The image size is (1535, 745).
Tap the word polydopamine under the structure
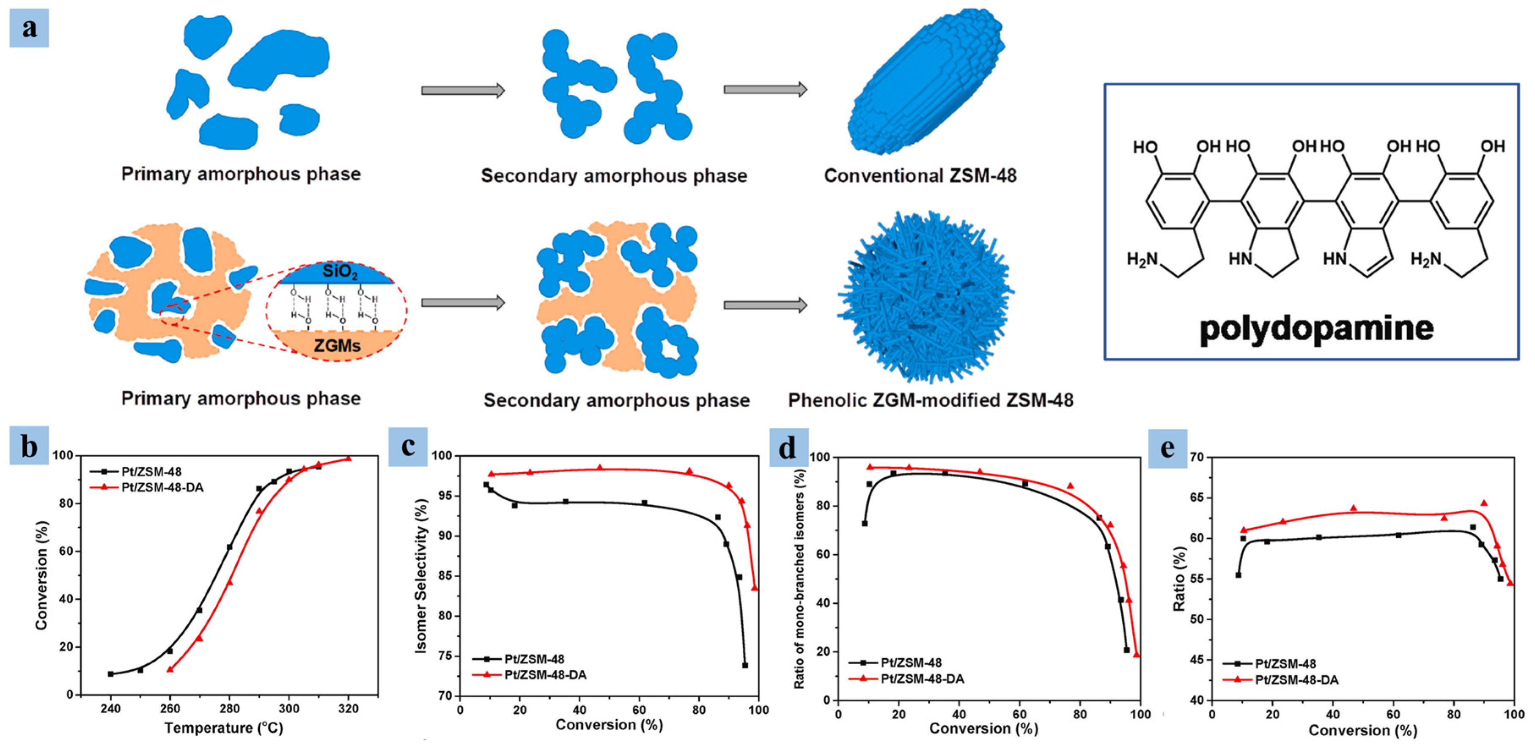pyautogui.click(x=1316, y=329)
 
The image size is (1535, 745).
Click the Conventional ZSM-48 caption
pyautogui.click(x=920, y=175)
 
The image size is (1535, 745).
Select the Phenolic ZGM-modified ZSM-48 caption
pyautogui.click(x=930, y=400)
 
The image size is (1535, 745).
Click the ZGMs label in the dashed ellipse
pyautogui.click(x=337, y=345)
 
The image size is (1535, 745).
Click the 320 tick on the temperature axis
pyautogui.click(x=348, y=709)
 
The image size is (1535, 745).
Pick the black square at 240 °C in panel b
pyautogui.click(x=111, y=674)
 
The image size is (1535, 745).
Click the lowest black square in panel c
pyautogui.click(x=745, y=665)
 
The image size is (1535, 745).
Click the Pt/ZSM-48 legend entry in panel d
pyautogui.click(x=911, y=662)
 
